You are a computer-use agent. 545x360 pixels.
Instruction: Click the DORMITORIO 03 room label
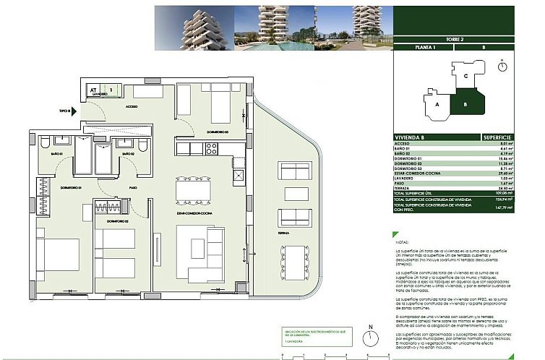tap(217, 132)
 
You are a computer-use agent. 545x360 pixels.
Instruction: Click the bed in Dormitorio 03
tap(217, 108)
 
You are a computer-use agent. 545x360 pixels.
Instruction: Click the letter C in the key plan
tap(466, 75)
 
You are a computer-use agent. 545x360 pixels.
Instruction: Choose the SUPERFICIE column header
tap(497, 137)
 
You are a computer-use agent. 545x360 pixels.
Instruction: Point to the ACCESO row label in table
tap(402, 145)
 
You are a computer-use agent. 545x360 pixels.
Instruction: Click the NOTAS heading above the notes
tap(403, 244)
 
